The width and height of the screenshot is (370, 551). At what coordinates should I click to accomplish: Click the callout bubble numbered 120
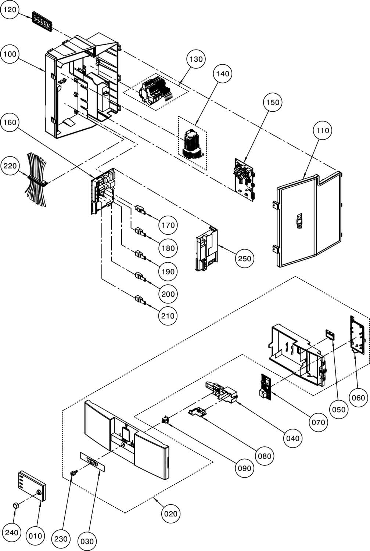10,10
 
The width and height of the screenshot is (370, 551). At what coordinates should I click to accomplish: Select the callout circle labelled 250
245,259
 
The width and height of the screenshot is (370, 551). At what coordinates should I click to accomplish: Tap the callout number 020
170,514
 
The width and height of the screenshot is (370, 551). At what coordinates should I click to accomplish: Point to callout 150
273,102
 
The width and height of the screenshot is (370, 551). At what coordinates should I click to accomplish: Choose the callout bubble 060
359,398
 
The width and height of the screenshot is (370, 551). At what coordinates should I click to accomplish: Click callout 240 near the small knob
11,533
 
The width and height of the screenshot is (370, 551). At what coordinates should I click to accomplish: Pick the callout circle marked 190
168,271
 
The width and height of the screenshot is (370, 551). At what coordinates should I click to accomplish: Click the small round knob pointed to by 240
15,506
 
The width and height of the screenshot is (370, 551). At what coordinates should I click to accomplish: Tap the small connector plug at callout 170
141,210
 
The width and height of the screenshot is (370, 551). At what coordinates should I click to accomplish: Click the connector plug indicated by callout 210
141,300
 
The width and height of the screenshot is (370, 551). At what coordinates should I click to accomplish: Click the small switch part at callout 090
165,419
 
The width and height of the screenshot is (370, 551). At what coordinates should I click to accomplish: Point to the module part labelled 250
206,249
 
